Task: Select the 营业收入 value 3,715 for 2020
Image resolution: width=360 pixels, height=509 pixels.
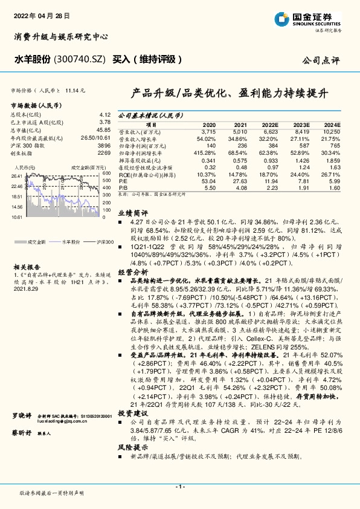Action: (208, 131)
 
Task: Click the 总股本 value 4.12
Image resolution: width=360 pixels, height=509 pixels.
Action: (104, 114)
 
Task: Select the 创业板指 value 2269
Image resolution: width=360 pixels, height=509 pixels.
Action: (104, 153)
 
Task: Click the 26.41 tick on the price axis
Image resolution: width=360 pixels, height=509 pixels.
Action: (17, 175)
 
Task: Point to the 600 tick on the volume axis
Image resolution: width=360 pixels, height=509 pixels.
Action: (106, 173)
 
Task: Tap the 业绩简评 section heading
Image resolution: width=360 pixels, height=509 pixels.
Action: (132, 213)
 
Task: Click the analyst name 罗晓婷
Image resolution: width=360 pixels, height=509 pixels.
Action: (22, 417)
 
